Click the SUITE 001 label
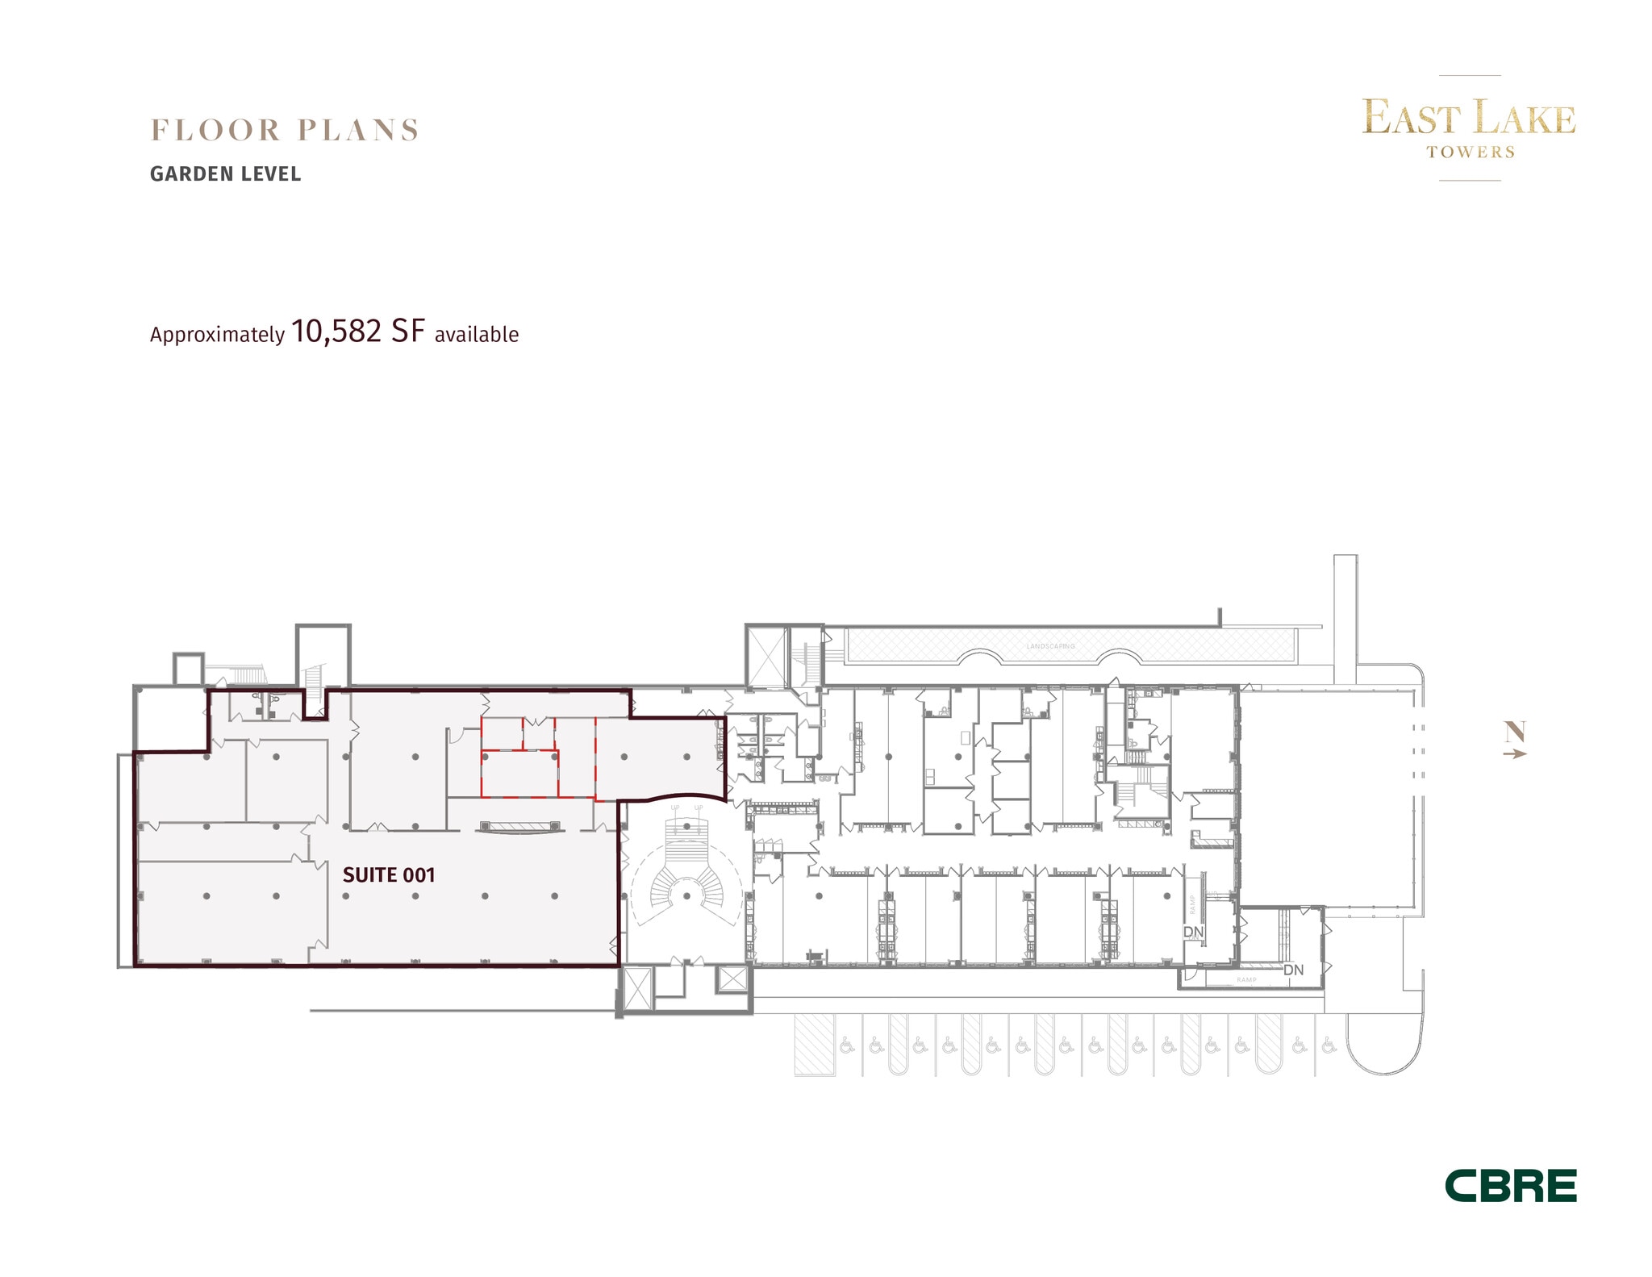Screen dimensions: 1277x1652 point(389,875)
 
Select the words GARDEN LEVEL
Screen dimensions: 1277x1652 point(225,174)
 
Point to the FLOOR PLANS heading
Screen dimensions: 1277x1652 point(285,130)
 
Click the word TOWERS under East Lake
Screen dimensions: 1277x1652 point(1470,152)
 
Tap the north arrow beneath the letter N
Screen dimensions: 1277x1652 point(1515,754)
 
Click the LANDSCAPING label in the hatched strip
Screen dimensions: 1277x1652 point(1050,646)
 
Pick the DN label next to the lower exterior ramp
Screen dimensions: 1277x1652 point(1293,970)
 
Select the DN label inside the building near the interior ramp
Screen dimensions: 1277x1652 point(1193,932)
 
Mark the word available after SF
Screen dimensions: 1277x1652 point(476,335)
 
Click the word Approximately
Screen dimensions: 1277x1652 point(217,335)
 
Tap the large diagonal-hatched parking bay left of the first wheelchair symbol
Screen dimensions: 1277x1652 point(814,1045)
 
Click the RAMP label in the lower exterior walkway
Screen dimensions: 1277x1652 point(1246,980)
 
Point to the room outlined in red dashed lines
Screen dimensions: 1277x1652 point(519,773)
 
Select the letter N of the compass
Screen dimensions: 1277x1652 point(1515,732)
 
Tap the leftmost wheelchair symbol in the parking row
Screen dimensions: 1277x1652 point(846,1046)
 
